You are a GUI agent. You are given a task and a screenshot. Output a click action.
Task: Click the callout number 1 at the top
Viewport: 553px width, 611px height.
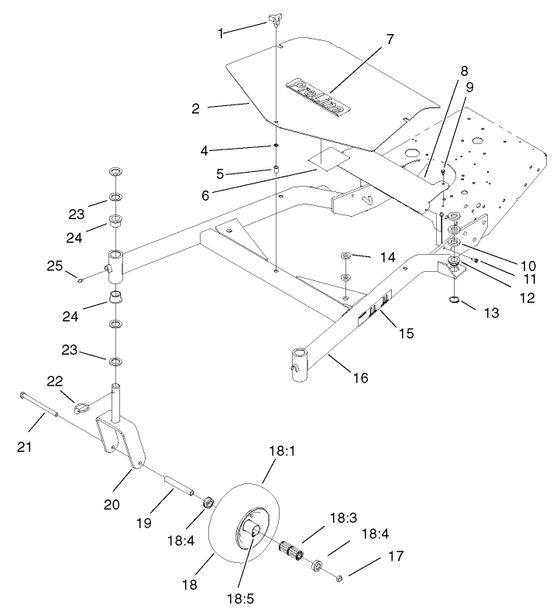click(222, 33)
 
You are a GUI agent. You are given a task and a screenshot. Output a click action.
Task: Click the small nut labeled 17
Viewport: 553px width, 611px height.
click(338, 577)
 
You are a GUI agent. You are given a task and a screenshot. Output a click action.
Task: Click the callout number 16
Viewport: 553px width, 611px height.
click(359, 378)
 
